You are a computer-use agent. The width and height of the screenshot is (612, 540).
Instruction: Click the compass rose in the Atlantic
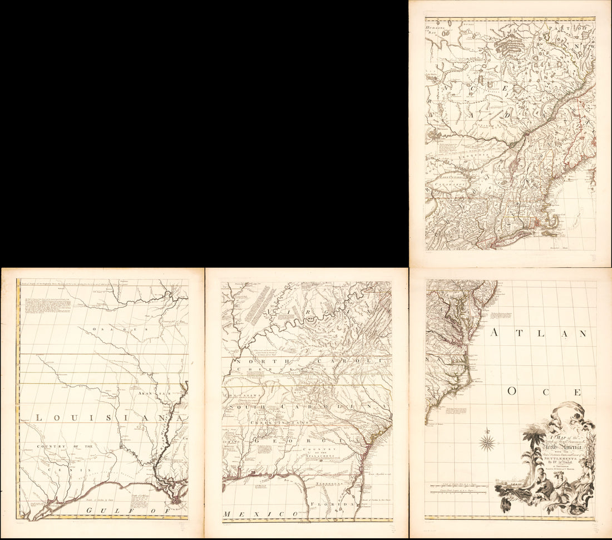tap(488, 443)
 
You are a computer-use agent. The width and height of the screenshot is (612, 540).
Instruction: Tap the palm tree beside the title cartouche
tap(531, 443)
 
